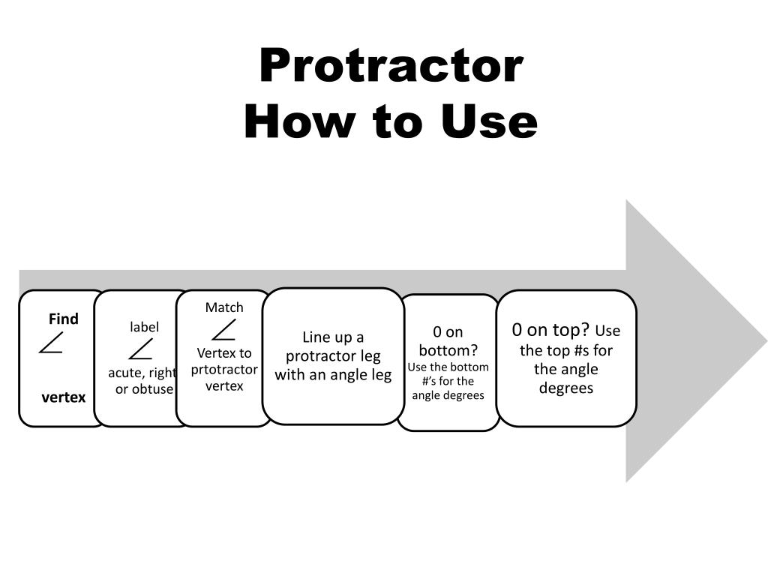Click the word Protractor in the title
pos(391,65)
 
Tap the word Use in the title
pos(489,121)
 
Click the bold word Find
pos(63,319)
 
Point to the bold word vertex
pos(63,397)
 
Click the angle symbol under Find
pos(51,342)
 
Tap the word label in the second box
pos(144,327)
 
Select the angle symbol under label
pos(140,349)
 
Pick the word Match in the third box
pos(224,307)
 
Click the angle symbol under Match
pos(223,330)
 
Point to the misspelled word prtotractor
pos(224,370)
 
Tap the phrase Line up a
pos(333,337)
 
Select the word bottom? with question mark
pos(448,351)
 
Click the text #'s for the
pos(448,381)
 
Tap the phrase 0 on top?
pos(551,330)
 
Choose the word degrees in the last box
pos(566,388)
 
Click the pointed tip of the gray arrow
pos(766,340)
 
